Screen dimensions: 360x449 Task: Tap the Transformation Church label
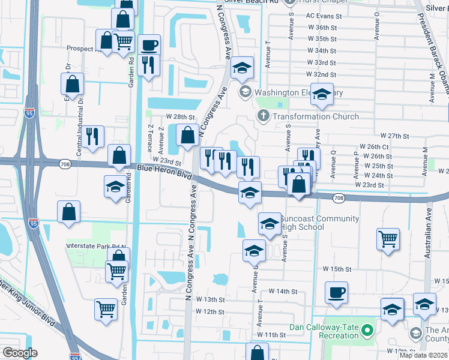coord(315,116)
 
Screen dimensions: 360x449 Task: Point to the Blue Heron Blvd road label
coord(164,172)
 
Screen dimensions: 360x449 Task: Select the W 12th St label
coord(209,311)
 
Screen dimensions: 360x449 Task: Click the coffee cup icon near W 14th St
coord(336,293)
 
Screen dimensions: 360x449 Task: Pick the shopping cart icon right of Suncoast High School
coord(388,238)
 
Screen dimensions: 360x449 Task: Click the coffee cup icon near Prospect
coord(149,44)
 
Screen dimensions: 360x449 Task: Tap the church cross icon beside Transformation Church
coord(262,116)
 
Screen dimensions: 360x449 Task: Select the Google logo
coord(20,353)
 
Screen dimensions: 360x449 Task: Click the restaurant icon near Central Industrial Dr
coord(92,136)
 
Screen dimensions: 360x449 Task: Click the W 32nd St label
coord(321,74)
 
